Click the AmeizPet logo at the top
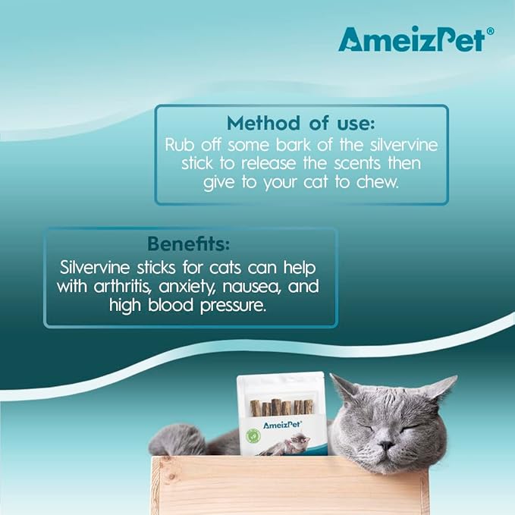pyautogui.click(x=410, y=39)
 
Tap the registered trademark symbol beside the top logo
pyautogui.click(x=490, y=31)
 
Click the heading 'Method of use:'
pyautogui.click(x=302, y=124)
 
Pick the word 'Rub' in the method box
pyautogui.click(x=178, y=145)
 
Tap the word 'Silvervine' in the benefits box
pyautogui.click(x=96, y=268)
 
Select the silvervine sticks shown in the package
pyautogui.click(x=281, y=407)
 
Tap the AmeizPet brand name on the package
pyautogui.click(x=282, y=426)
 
